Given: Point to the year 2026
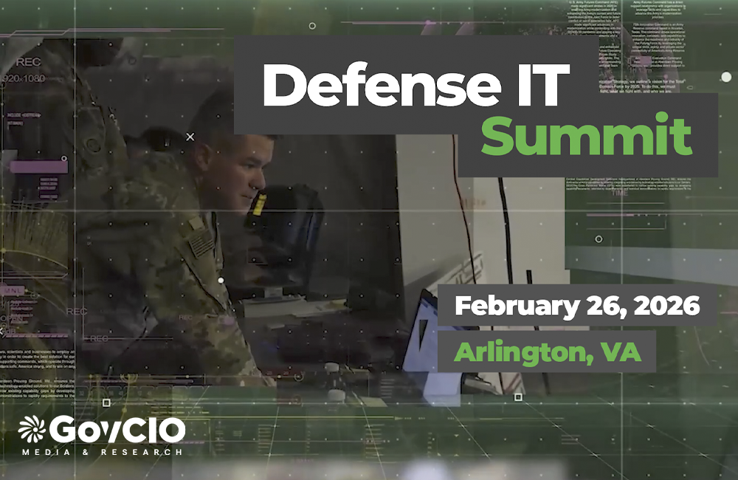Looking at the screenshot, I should point(668,305).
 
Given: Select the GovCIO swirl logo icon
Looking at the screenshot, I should point(32,430).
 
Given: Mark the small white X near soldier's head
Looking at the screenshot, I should point(190,137).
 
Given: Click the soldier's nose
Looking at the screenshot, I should point(262,176).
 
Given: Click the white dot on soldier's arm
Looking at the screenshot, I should point(221,281).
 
